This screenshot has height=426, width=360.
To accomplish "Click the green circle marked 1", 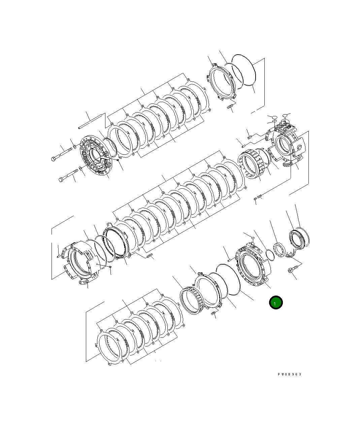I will point(276,303).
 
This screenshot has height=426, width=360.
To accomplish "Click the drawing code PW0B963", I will point(289,374).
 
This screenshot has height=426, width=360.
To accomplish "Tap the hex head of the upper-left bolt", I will point(55,158).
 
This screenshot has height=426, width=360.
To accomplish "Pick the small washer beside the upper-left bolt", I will point(74,147).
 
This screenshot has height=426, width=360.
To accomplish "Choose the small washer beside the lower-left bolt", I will point(81,168).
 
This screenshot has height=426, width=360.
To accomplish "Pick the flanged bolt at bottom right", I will point(292,270).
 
